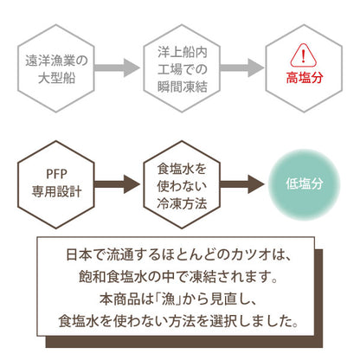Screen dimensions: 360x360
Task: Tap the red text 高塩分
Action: click(303, 77)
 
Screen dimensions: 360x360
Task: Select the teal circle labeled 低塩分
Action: click(304, 184)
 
